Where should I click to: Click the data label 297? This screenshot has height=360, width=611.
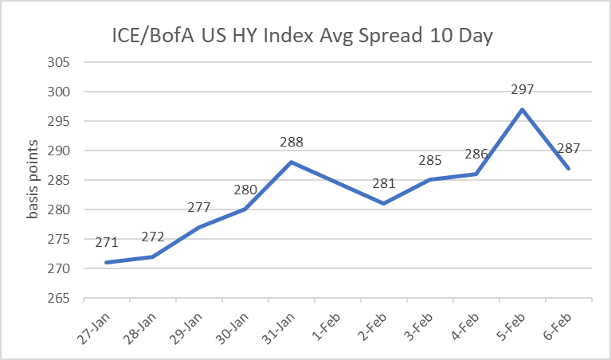[523, 90]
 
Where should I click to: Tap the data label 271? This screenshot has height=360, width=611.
[106, 243]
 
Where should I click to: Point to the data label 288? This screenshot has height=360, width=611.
[292, 143]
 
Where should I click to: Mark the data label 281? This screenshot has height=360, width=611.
[384, 184]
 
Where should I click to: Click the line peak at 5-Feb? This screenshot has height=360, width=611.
[523, 110]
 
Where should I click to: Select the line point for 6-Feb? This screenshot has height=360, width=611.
[569, 169]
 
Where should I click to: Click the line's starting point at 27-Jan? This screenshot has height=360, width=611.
[106, 263]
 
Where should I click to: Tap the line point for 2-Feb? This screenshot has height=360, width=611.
[384, 204]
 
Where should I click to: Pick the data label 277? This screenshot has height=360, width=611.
[198, 208]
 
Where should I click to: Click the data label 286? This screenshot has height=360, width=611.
[476, 155]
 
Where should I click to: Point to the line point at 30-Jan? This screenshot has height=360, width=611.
[245, 209]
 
